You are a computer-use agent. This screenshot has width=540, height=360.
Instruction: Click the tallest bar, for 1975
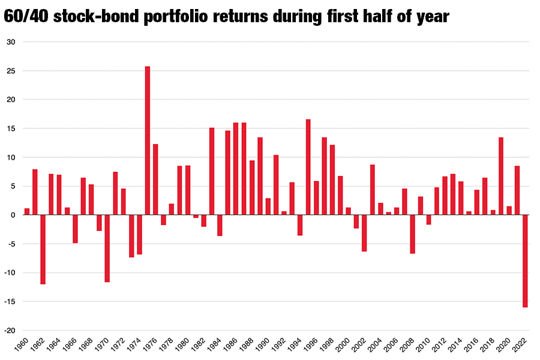point(148,140)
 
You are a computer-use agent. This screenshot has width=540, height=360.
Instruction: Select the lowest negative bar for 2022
point(525,261)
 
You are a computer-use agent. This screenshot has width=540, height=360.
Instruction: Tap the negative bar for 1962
point(43,250)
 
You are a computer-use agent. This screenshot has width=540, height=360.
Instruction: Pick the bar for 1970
point(107,248)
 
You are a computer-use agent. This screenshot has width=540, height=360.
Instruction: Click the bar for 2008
point(413,234)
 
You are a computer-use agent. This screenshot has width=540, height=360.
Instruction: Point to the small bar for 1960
point(27,212)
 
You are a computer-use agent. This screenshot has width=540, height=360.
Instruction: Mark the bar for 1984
point(220,226)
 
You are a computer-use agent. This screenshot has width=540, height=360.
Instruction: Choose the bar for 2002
point(364,233)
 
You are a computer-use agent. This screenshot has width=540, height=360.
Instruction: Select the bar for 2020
point(509,211)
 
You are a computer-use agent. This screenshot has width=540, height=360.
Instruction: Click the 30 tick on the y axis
point(11,42)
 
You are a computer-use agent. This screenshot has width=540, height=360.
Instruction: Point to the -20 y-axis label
point(10,331)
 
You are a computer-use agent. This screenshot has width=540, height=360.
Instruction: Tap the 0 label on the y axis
point(13,215)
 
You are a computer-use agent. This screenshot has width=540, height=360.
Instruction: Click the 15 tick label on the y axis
point(11,128)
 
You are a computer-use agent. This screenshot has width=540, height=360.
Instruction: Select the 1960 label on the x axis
point(22,344)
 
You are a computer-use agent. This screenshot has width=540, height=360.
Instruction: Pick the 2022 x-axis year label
point(520,344)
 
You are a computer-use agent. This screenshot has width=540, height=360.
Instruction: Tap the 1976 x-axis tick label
point(150,344)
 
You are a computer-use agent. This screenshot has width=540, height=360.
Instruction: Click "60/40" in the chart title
point(26,16)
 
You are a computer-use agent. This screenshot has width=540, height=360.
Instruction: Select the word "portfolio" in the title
point(176,17)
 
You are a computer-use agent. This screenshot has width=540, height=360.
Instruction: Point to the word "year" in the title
point(433,18)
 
